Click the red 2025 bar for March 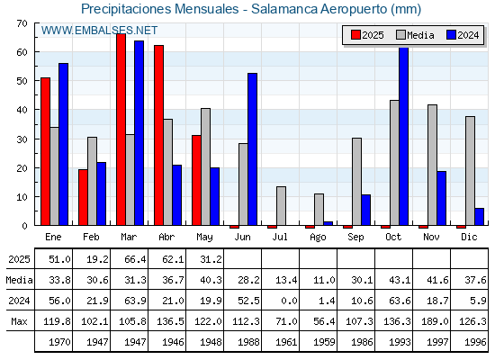[x=121, y=130]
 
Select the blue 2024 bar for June [x=252, y=149]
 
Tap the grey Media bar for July [x=281, y=206]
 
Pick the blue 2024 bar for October [x=403, y=136]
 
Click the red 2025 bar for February [x=83, y=197]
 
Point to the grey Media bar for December [x=470, y=171]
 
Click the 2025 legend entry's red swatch [x=355, y=35]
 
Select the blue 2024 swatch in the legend [x=451, y=35]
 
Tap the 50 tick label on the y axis [x=22, y=81]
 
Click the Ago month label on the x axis [x=318, y=238]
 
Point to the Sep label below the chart [x=355, y=238]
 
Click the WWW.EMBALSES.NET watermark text [x=99, y=31]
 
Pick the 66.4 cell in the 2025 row [x=135, y=259]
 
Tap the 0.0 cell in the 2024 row [x=289, y=301]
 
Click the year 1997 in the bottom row [x=437, y=342]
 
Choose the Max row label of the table [x=19, y=321]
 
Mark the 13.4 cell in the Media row [x=286, y=280]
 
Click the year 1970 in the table [x=59, y=342]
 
